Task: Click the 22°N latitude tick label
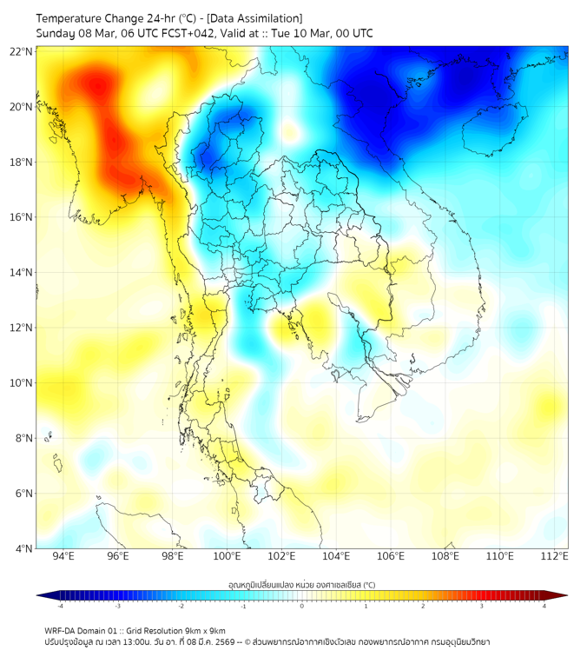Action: click(22, 51)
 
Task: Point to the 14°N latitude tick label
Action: click(22, 272)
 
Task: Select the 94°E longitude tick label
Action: click(63, 556)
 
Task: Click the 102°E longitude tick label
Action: click(281, 556)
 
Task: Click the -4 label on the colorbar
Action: click(59, 607)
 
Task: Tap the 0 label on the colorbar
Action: click(302, 607)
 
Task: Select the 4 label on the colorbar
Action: click(544, 607)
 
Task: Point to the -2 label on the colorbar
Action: click(181, 607)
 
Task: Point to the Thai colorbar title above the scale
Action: click(301, 584)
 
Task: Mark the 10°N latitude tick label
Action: click(22, 382)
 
